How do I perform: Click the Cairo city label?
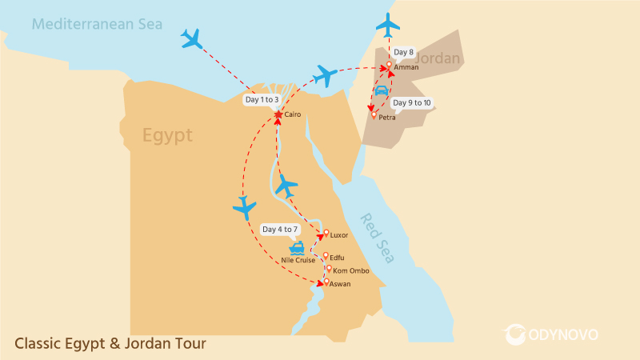tap(292, 115)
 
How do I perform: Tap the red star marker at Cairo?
tap(278, 115)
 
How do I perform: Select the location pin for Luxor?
tap(326, 234)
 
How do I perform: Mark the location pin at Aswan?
tap(326, 282)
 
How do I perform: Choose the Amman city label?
tap(406, 67)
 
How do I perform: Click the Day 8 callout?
tap(405, 53)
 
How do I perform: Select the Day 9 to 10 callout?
tap(412, 103)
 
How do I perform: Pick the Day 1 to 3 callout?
tap(262, 100)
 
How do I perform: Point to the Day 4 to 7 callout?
tap(280, 230)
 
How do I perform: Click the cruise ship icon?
tap(297, 248)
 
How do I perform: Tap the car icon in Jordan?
tap(382, 91)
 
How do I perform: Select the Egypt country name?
tap(167, 135)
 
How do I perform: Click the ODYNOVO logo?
tap(551, 334)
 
